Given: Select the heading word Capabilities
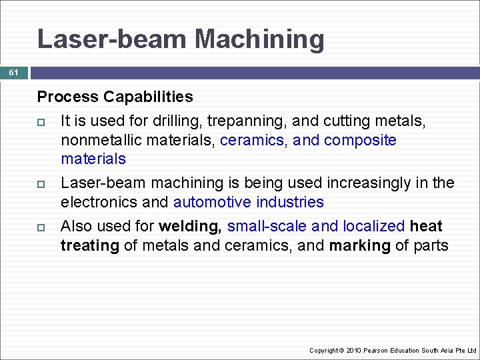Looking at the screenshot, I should pyautogui.click(x=148, y=97).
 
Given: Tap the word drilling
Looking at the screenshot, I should pyautogui.click(x=175, y=121).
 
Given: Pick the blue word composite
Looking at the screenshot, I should pyautogui.click(x=360, y=140).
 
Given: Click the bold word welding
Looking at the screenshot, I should pyautogui.click(x=190, y=226).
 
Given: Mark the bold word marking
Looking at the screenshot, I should pyautogui.click(x=359, y=245).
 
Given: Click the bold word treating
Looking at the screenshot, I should pyautogui.click(x=89, y=245).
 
